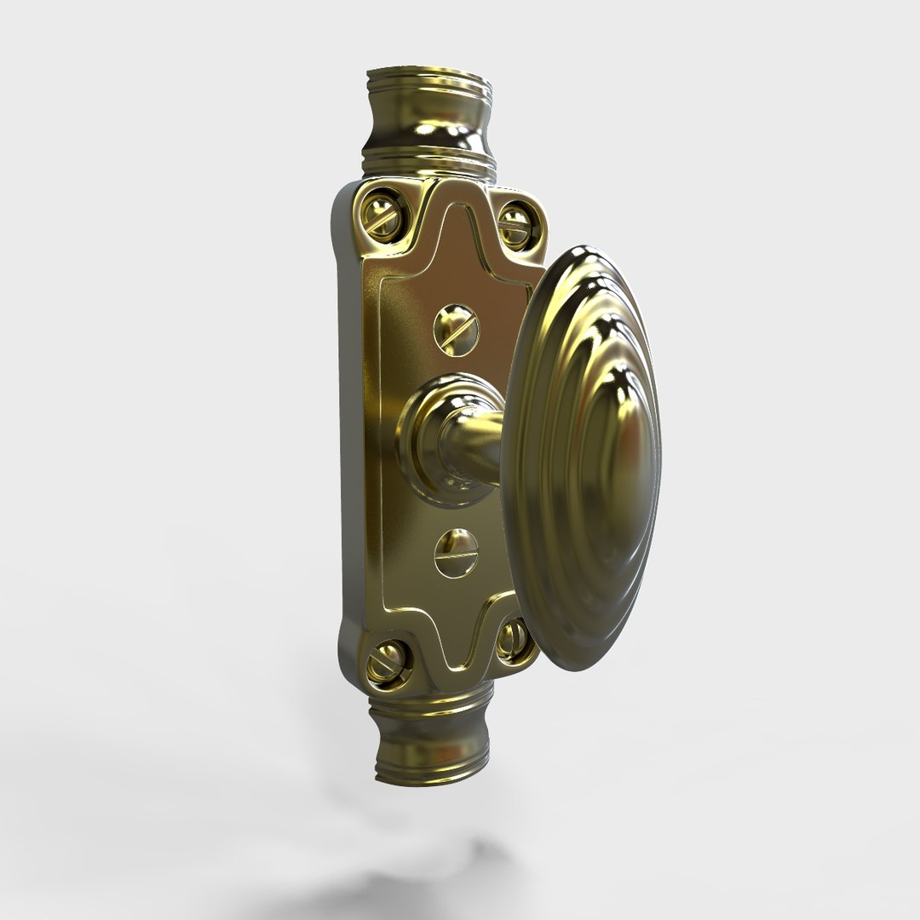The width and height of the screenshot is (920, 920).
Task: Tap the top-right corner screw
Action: (x=513, y=225)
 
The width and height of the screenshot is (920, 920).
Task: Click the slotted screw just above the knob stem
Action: (x=456, y=325)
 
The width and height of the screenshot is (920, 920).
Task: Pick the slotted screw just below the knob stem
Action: (x=456, y=551)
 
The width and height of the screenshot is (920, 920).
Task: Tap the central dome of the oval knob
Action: (x=619, y=443)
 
